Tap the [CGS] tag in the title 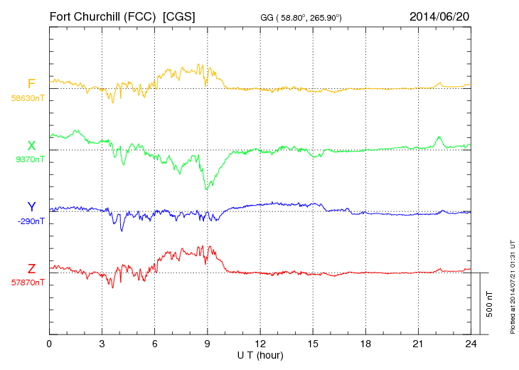click(x=179, y=16)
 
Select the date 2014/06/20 click(x=439, y=16)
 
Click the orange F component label click(x=31, y=84)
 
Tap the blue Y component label click(x=31, y=207)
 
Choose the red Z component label click(x=31, y=268)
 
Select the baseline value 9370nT click(x=29, y=159)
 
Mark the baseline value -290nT click(x=29, y=221)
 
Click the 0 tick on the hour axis click(x=49, y=344)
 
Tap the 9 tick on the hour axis click(x=208, y=344)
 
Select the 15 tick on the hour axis click(x=313, y=344)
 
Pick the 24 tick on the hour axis click(x=471, y=344)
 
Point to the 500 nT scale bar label click(x=490, y=304)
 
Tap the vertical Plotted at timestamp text click(x=512, y=285)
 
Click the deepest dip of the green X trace click(x=207, y=189)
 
